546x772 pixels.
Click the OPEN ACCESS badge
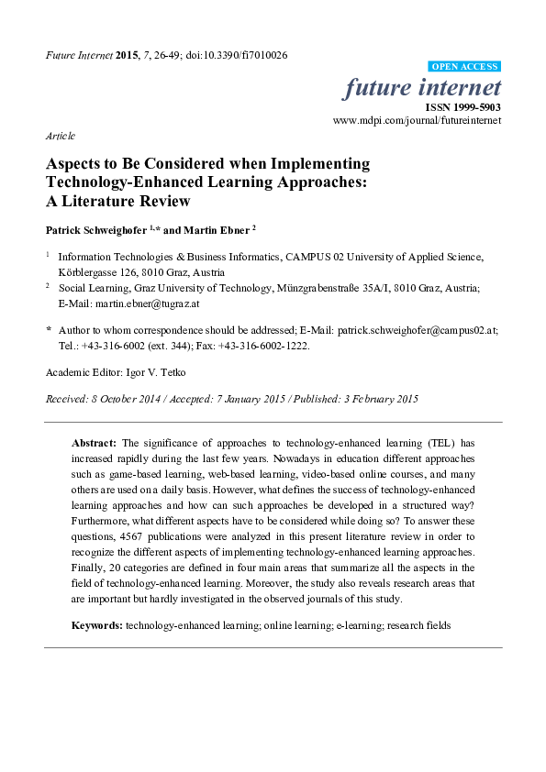pos(464,67)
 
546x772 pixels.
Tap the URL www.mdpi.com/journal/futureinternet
pos(417,120)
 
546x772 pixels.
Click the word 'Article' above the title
pos(61,135)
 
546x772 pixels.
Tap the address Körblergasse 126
pos(90,272)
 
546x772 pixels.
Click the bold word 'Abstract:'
pos(94,442)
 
